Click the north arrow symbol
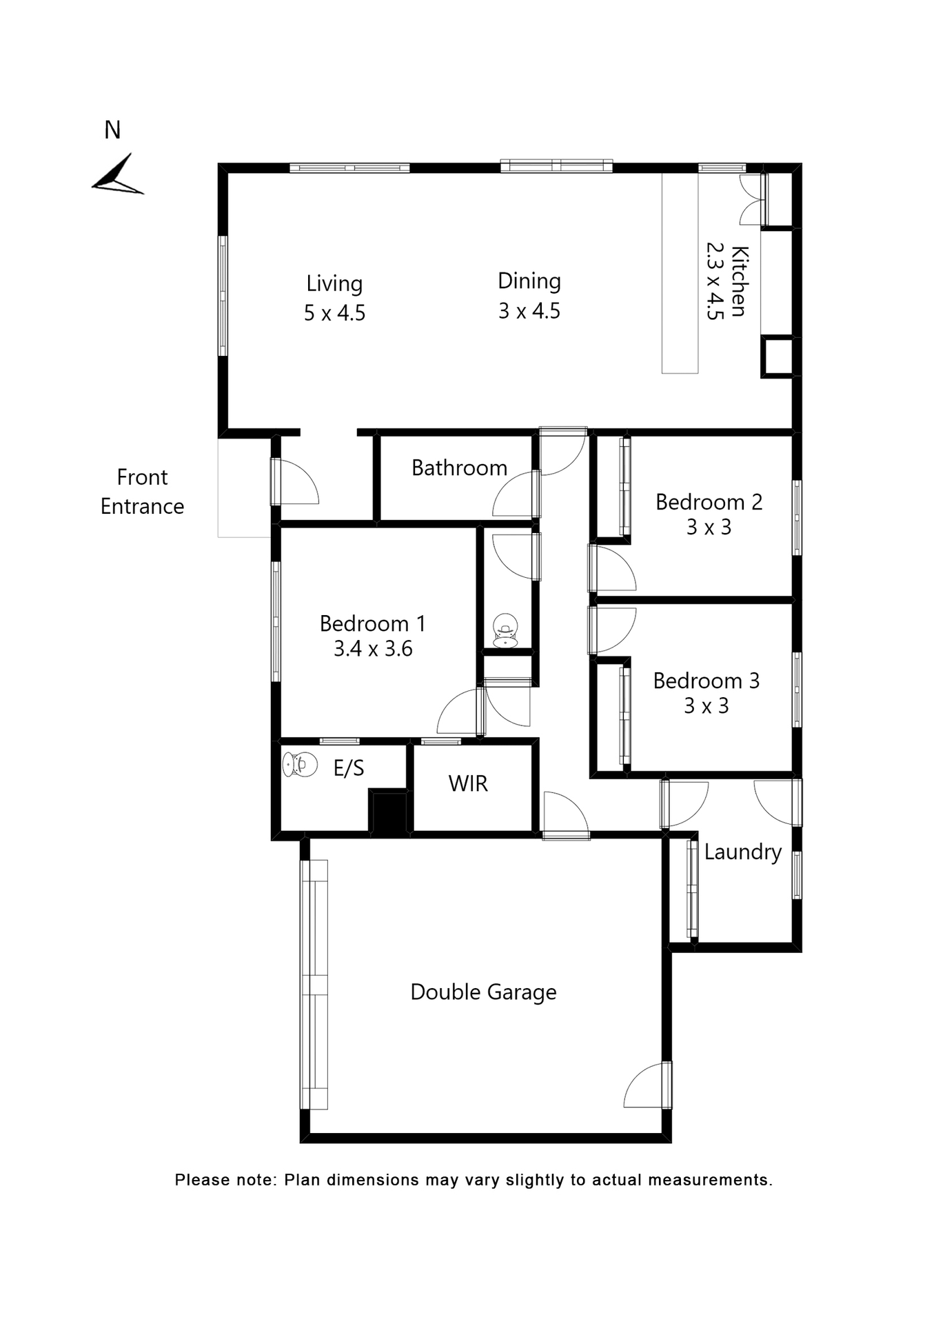(x=118, y=176)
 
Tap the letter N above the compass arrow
(x=112, y=130)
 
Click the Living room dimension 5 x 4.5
(x=334, y=313)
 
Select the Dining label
(x=529, y=281)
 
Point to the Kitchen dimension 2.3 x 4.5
(x=715, y=281)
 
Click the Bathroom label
(x=459, y=468)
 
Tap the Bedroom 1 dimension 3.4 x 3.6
(x=373, y=649)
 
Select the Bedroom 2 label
(x=709, y=502)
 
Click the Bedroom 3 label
(x=706, y=681)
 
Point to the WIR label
(x=468, y=784)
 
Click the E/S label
(x=348, y=769)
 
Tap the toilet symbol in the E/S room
(x=300, y=764)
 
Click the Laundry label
(x=742, y=852)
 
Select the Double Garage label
(x=483, y=992)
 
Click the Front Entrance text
(x=142, y=492)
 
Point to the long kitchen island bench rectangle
(x=680, y=274)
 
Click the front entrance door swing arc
(x=298, y=481)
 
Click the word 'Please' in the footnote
(x=201, y=1180)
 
